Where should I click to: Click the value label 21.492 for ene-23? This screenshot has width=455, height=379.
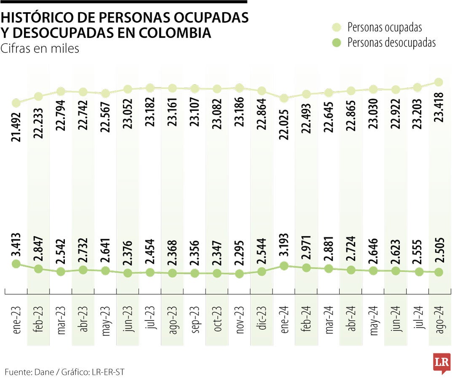(x=17, y=126)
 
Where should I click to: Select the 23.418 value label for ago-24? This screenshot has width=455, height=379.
(x=439, y=107)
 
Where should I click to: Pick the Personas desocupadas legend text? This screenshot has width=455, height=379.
(x=391, y=43)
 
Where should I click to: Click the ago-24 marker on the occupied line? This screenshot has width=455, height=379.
(x=439, y=82)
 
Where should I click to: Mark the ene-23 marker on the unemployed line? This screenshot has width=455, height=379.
(x=16, y=264)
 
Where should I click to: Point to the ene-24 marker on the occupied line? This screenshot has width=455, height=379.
(x=284, y=98)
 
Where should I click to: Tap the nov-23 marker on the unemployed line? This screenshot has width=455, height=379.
(x=239, y=274)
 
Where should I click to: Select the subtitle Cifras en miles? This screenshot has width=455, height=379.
(x=40, y=49)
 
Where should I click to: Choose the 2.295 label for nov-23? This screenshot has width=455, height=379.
(x=239, y=253)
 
